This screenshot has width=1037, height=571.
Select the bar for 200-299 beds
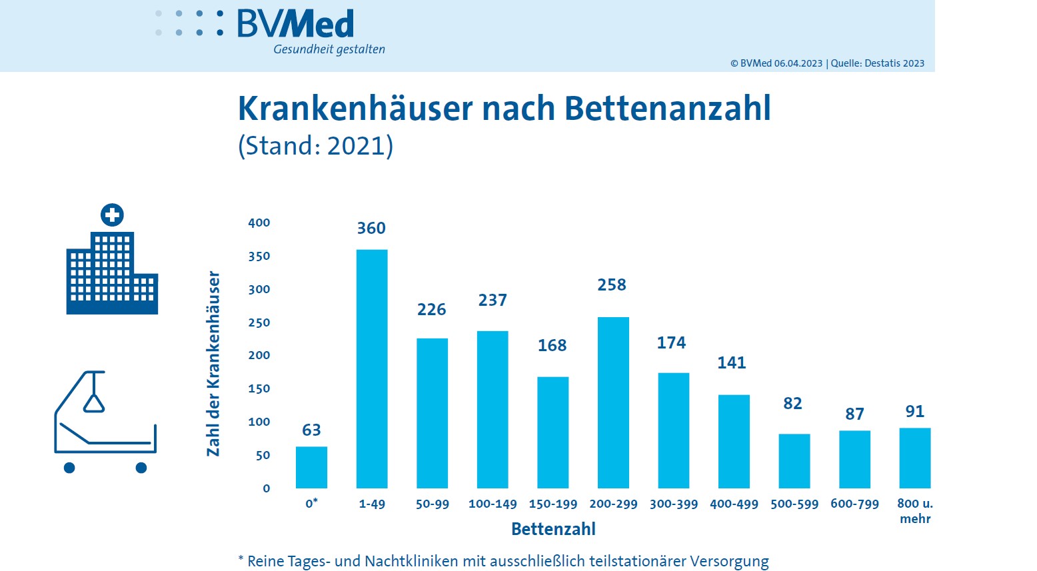(x=613, y=402)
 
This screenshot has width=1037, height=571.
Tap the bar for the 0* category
(x=311, y=467)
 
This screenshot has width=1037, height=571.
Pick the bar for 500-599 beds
(x=794, y=461)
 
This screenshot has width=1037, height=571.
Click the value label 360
(x=371, y=229)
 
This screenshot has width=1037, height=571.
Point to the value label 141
(x=731, y=363)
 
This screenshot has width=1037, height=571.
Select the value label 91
(x=914, y=412)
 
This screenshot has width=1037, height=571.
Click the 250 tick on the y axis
(x=259, y=322)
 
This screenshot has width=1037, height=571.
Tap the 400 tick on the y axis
(x=259, y=223)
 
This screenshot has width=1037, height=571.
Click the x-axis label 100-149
(x=493, y=504)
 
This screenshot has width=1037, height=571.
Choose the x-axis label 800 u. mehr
(x=915, y=511)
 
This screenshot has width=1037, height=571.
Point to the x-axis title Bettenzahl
(x=553, y=529)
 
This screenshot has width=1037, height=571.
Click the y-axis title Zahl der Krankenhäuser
(x=213, y=363)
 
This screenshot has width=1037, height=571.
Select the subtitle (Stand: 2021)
(x=316, y=146)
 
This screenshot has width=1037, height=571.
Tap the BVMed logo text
(x=295, y=24)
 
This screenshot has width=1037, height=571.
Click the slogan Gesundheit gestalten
(x=329, y=49)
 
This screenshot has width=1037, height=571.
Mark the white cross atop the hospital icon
(x=112, y=215)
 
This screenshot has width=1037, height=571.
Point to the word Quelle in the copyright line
(x=846, y=63)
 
